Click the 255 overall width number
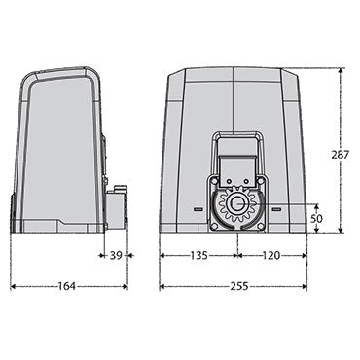point(234,289)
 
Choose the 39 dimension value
point(116,258)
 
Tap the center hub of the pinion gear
point(234,206)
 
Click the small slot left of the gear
point(198,208)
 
